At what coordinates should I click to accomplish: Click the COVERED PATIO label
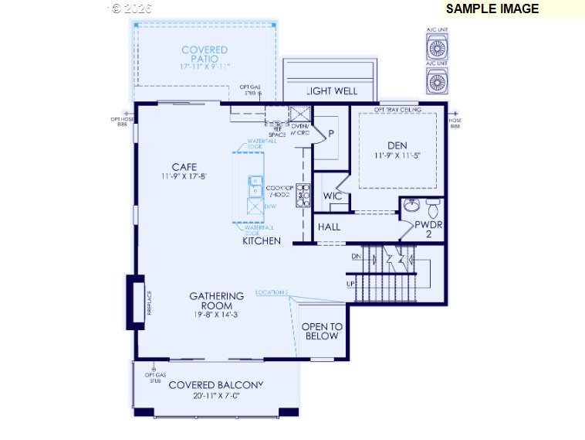[x=205, y=54]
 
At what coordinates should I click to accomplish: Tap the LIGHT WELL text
[x=332, y=91]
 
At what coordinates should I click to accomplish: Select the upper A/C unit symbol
[x=438, y=47]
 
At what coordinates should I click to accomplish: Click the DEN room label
[x=397, y=145]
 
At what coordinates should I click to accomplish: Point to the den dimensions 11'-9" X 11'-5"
[x=397, y=156]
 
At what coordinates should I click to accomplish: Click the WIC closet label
[x=333, y=196]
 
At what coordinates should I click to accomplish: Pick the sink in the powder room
[x=411, y=207]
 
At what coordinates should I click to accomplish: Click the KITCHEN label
[x=262, y=241]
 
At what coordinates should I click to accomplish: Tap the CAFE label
[x=184, y=166]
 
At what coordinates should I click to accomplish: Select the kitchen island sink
[x=254, y=186]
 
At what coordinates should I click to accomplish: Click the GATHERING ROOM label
[x=217, y=301]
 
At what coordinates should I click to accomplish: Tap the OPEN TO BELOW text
[x=322, y=331]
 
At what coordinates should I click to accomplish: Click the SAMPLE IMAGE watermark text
[x=492, y=9]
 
